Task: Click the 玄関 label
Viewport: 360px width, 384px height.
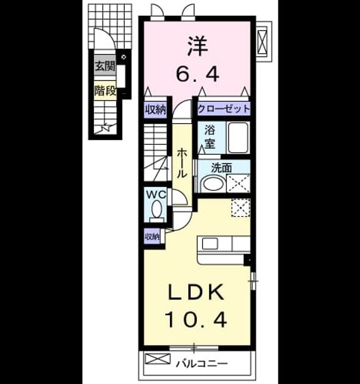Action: click(105, 66)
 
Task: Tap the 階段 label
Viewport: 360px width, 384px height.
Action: click(105, 91)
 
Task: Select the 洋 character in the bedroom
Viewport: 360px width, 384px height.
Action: click(197, 46)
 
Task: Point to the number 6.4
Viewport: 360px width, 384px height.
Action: click(197, 74)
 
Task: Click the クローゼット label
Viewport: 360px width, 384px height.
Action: click(224, 108)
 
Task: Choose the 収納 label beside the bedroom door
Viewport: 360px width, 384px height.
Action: click(156, 110)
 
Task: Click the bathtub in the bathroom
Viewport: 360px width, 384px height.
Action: click(238, 138)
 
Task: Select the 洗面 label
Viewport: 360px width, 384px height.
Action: click(222, 168)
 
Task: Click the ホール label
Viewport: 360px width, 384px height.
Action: click(182, 163)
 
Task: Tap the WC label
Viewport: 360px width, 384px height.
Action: click(156, 194)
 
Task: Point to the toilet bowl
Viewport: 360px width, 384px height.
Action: click(157, 209)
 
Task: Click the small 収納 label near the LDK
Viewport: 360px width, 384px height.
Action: click(152, 236)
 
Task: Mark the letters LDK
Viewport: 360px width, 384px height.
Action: click(196, 292)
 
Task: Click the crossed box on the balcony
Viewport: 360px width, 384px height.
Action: click(157, 359)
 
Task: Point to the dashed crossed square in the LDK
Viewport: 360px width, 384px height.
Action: click(241, 208)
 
